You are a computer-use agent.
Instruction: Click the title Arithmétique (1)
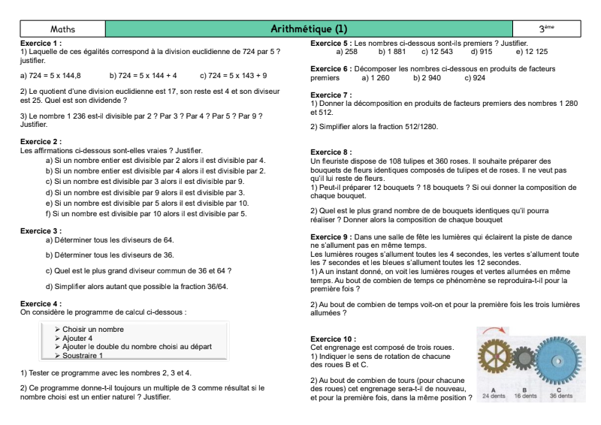(309, 29)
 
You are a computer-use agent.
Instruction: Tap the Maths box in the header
(62, 29)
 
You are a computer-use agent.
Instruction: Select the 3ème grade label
(546, 29)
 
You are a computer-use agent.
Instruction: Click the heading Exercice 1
(41, 44)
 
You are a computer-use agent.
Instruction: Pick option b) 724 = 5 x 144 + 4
(143, 76)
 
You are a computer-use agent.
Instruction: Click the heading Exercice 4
(41, 303)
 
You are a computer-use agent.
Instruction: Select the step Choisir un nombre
(94, 330)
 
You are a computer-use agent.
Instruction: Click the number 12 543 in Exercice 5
(437, 52)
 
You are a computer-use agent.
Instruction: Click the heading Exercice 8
(331, 152)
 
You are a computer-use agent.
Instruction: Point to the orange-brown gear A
(494, 362)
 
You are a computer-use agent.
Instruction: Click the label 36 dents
(560, 396)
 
